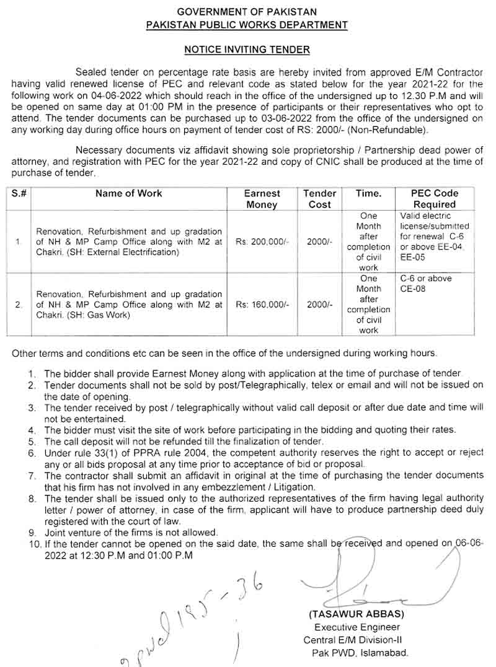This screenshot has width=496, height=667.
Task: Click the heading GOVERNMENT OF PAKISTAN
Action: tap(247, 12)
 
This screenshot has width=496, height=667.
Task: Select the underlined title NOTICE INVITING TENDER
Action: tap(247, 49)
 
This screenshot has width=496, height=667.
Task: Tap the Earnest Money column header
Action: tap(262, 199)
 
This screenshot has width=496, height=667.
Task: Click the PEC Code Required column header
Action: tap(434, 199)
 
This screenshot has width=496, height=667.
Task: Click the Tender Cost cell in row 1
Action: tap(320, 242)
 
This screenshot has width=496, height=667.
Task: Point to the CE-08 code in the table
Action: tap(414, 289)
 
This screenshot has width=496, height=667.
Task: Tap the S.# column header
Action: tap(19, 194)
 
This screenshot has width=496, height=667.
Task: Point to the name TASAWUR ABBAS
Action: tap(356, 614)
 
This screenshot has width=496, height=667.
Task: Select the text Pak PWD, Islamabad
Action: tap(360, 653)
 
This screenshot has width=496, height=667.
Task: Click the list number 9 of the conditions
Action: tap(32, 532)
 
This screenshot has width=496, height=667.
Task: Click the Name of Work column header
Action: tap(128, 194)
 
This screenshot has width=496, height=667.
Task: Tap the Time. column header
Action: tap(368, 194)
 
